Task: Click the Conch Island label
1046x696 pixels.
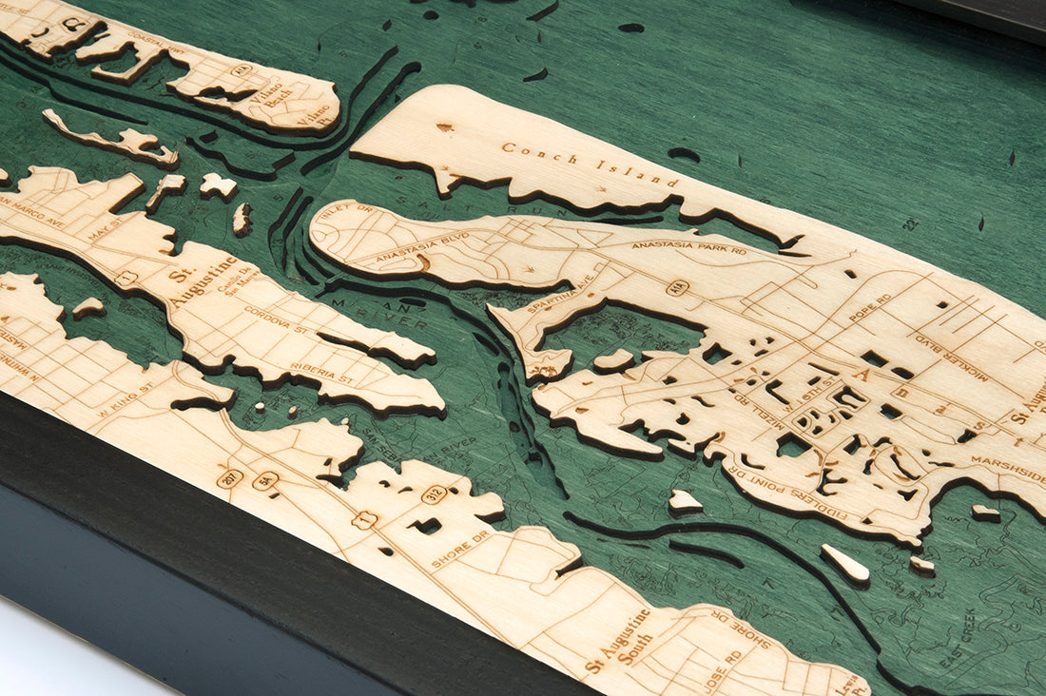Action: [590, 164]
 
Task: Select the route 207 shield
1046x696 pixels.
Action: [229, 478]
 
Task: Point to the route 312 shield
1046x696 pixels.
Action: [435, 494]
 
